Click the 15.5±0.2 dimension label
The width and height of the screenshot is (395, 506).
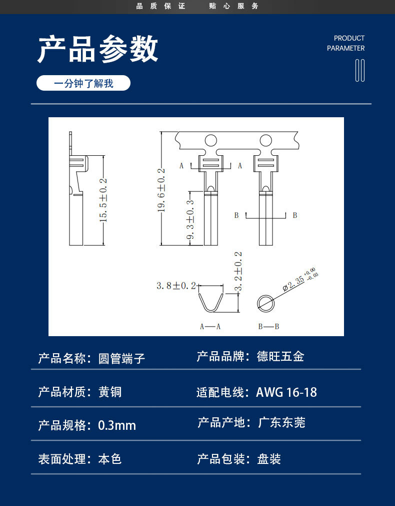pos(103,200)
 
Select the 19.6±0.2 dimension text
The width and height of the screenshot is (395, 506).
pos(161,190)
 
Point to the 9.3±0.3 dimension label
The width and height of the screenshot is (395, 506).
pos(190,219)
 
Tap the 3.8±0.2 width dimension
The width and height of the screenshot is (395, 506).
pos(176,286)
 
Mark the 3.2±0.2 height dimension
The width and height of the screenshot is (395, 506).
pos(238,272)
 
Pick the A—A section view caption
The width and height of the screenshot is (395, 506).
pos(210,327)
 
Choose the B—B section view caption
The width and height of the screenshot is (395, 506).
pos(268,327)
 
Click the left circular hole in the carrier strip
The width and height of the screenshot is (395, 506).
pos(210,141)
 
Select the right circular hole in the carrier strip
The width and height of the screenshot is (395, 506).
pos(266,141)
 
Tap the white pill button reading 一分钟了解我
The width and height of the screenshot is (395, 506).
pos(83,83)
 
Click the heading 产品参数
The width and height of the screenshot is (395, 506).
pos(98,49)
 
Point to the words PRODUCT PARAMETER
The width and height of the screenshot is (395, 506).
pos(345,43)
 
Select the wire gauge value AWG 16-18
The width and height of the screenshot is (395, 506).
pos(286,392)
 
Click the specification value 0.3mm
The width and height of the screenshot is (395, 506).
pos(117,425)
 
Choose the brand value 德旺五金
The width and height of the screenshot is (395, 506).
pos(280,357)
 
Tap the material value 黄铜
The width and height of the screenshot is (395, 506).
pos(110,392)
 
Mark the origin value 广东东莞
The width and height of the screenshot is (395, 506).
pos(281,422)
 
